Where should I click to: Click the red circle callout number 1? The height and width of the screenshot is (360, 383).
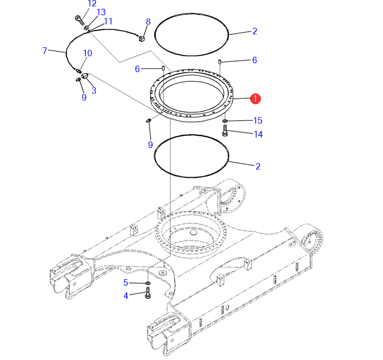tap(256, 99)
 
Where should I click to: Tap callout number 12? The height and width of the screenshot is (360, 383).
tap(92, 4)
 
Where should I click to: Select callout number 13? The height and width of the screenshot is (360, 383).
tap(101, 12)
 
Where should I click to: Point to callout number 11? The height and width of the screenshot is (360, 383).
tap(108, 21)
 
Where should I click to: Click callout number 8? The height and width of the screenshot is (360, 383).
tap(148, 21)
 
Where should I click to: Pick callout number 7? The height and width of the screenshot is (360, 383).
tap(45, 51)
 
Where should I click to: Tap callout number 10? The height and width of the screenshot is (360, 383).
tap(88, 53)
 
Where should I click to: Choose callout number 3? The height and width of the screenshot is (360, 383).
tap(94, 91)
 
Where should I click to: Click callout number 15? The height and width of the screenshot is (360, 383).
tap(258, 121)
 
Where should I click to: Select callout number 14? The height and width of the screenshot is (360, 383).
tap(258, 134)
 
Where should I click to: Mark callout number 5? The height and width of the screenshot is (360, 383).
tap(125, 283)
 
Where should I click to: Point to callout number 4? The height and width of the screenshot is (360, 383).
tap(125, 296)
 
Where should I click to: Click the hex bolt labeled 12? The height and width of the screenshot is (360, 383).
tap(80, 20)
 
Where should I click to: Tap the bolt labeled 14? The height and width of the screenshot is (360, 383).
tap(224, 130)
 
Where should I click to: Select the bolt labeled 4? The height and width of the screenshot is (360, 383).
tap(148, 293)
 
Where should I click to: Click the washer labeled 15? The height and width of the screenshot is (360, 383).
tap(225, 121)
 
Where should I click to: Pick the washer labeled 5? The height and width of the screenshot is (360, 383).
tap(148, 283)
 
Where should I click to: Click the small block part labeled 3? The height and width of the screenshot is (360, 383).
tap(85, 76)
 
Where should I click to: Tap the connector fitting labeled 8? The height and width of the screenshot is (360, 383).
tap(142, 38)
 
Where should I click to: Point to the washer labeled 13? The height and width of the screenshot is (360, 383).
tap(87, 28)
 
